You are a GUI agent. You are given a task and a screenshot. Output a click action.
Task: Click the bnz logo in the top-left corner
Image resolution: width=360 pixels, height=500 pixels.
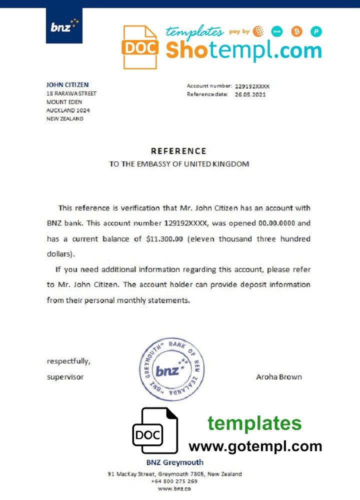pyautogui.click(x=64, y=26)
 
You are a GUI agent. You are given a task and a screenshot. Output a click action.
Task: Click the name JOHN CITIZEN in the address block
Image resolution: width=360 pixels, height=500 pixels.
pyautogui.click(x=67, y=85)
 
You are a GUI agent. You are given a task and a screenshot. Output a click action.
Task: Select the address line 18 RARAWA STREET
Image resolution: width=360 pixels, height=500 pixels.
pyautogui.click(x=71, y=93)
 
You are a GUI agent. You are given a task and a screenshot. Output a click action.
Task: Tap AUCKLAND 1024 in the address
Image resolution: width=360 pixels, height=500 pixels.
pyautogui.click(x=68, y=110)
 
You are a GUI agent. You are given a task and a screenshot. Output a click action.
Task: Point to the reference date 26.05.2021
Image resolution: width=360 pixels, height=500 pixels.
pyautogui.click(x=250, y=94)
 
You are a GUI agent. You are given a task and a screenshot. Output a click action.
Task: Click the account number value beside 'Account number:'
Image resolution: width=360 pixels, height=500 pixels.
pyautogui.click(x=252, y=86)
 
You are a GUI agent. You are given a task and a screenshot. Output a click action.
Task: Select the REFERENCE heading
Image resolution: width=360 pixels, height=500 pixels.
pyautogui.click(x=178, y=151)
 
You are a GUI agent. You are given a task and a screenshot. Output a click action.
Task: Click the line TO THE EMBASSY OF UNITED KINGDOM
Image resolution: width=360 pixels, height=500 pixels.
pyautogui.click(x=179, y=164)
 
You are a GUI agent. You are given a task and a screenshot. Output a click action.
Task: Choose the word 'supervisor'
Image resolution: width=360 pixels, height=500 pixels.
pyautogui.click(x=65, y=377)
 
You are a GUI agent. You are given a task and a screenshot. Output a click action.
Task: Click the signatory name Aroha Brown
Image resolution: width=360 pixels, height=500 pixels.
pyautogui.click(x=278, y=377)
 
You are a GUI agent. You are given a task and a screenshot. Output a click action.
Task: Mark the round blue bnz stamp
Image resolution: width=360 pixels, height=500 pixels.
pyautogui.click(x=171, y=369)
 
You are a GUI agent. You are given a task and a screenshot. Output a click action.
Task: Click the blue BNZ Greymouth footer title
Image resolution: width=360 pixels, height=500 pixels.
pyautogui.click(x=174, y=462)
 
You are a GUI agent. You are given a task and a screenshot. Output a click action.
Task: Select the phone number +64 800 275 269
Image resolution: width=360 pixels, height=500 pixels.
pyautogui.click(x=174, y=481)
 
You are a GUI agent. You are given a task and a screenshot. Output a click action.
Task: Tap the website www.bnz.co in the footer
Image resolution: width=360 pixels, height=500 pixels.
pyautogui.click(x=174, y=488)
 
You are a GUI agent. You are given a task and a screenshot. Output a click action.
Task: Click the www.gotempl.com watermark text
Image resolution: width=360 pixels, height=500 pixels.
pyautogui.click(x=255, y=446)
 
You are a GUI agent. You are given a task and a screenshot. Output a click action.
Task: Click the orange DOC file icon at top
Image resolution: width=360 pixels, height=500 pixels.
pyautogui.click(x=140, y=47)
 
